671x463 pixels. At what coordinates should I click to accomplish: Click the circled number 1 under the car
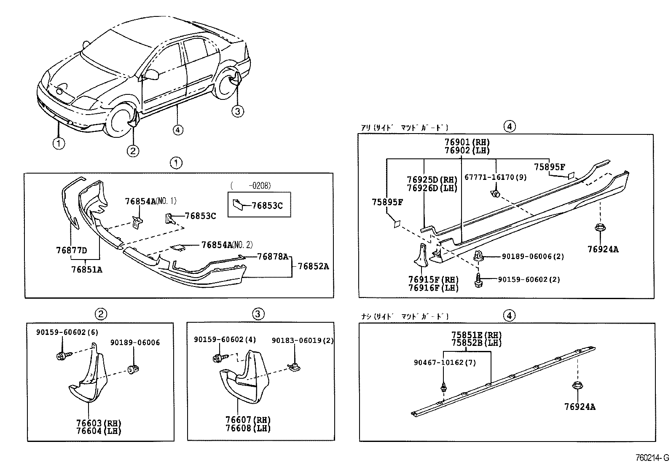[x=59, y=143]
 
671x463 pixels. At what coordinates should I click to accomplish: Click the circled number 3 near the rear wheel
[x=237, y=111]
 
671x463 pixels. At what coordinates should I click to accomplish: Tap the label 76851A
[x=86, y=269]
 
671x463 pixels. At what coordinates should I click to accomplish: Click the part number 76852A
[x=313, y=266]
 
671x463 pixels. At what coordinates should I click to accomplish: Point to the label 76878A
[x=273, y=256]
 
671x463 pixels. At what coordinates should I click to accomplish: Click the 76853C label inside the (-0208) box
[x=267, y=206]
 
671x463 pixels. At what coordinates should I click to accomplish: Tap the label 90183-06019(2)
[x=302, y=340]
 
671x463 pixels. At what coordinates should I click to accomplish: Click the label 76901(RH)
[x=467, y=142]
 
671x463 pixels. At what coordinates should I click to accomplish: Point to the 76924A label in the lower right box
[x=580, y=407]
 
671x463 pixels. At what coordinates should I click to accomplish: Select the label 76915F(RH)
[x=433, y=280]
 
